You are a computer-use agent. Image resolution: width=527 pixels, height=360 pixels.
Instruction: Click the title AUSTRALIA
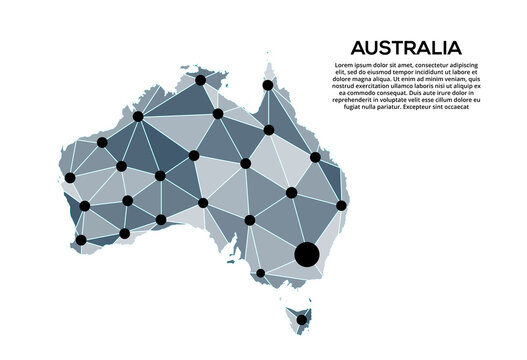coord(406,47)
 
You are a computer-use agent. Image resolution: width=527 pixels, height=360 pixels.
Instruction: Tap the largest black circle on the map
coord(307,255)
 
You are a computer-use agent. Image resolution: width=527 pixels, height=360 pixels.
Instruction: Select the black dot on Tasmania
coord(301,320)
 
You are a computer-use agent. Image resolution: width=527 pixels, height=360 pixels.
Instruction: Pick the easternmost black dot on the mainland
coord(341,205)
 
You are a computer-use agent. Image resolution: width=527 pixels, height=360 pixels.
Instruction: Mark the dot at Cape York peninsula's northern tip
coord(267,86)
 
